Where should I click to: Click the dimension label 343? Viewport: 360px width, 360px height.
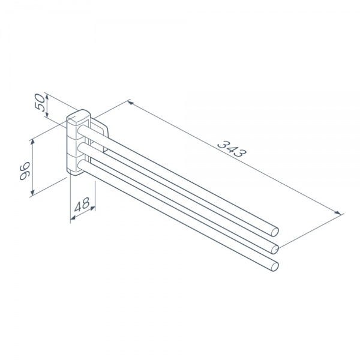pyautogui.click(x=232, y=149)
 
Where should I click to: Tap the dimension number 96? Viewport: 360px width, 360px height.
pyautogui.click(x=25, y=171)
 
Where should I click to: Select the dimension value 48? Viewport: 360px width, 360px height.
pyautogui.click(x=82, y=205)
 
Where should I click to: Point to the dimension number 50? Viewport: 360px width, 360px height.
pyautogui.click(x=40, y=103)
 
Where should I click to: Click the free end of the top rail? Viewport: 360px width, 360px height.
pyautogui.click(x=275, y=232)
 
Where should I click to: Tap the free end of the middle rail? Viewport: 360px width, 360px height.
pyautogui.click(x=275, y=249)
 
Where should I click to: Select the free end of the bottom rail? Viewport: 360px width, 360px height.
pyautogui.click(x=275, y=266)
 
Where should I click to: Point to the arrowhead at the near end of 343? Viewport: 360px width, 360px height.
pyautogui.click(x=130, y=103)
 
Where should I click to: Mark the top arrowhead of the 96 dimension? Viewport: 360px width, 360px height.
pyautogui.click(x=33, y=142)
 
